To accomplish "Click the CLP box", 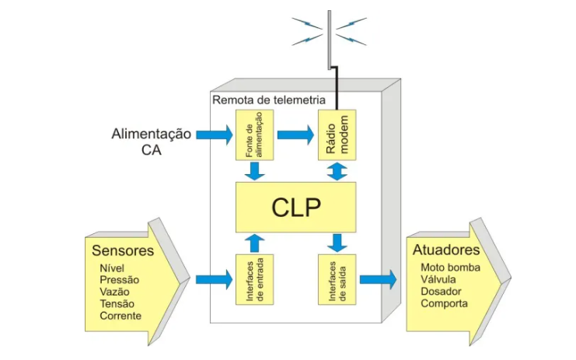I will click(296, 208).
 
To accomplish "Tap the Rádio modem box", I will click(336, 135).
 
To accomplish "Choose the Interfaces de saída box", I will click(336, 278).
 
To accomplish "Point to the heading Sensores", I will click(123, 251).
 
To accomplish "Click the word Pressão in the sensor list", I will click(120, 279).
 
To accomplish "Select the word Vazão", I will click(115, 292).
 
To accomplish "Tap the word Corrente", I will click(120, 316).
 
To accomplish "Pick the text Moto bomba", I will click(451, 267).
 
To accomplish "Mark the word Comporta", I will click(445, 303).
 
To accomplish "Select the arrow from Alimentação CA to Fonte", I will click(214, 135).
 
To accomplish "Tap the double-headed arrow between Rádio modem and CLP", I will click(337, 171).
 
